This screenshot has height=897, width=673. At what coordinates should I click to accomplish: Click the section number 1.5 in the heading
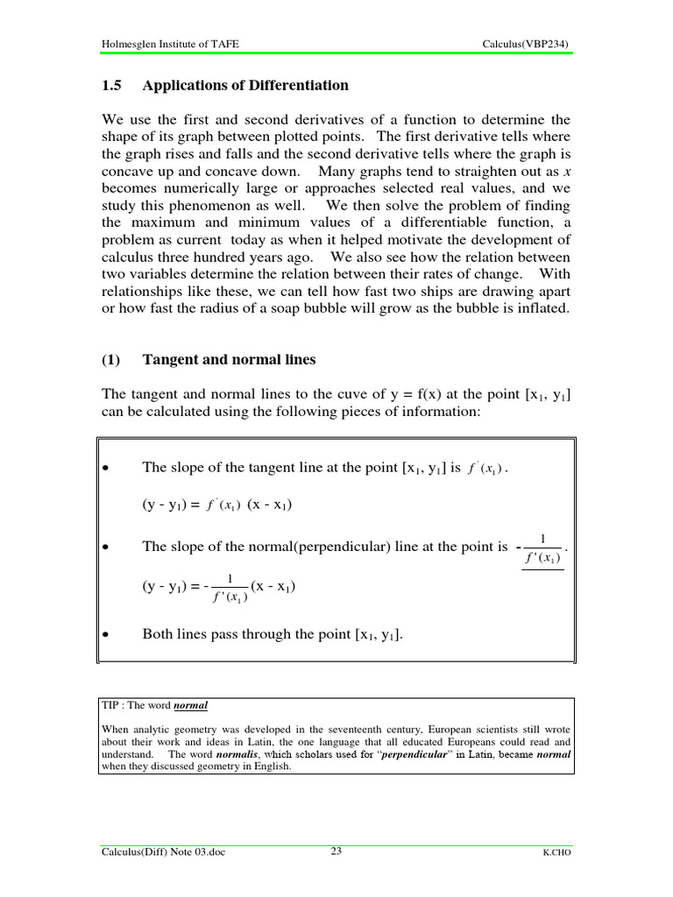[x=110, y=86]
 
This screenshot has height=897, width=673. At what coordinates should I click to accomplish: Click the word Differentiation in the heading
[x=300, y=86]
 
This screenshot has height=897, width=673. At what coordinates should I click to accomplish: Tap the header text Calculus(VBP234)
[x=530, y=44]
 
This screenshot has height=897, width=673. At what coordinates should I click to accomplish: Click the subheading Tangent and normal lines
[x=229, y=360]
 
